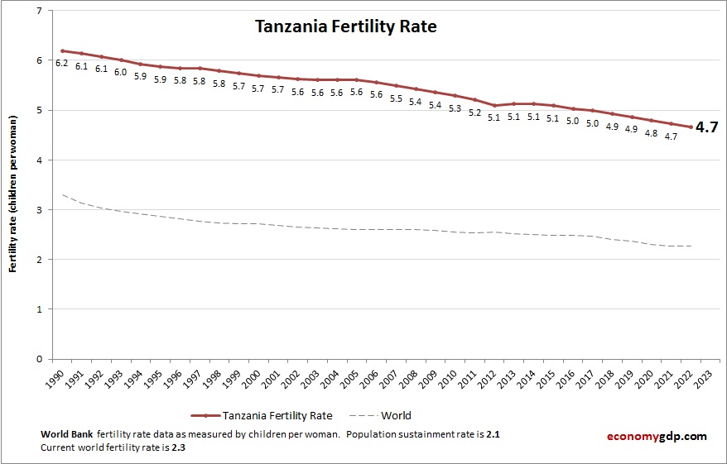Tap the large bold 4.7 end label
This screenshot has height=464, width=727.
[706, 127]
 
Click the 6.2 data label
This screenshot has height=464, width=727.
[61, 63]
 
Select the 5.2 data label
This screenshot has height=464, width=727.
[474, 112]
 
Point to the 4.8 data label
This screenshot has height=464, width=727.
[652, 133]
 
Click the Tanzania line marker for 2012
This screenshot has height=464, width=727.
[494, 105]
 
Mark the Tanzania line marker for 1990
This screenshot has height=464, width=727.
[61, 50]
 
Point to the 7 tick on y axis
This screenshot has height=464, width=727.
[39, 11]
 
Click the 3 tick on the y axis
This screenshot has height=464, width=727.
[39, 210]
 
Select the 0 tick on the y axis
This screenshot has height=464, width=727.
[39, 359]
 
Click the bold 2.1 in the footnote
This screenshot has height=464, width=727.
[493, 434]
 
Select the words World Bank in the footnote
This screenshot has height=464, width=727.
[65, 434]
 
